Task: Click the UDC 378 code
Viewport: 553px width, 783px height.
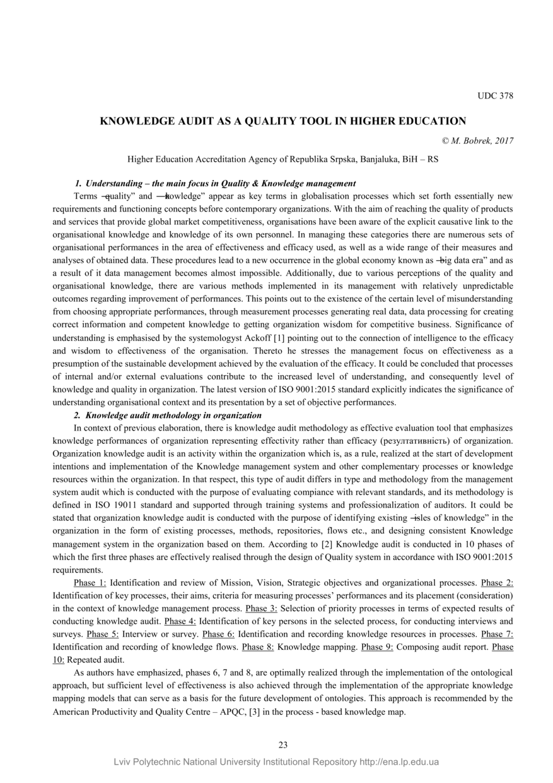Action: click(495, 96)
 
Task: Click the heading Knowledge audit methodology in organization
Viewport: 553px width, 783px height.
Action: click(173, 415)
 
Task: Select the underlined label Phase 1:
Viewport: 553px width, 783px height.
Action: click(90, 582)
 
